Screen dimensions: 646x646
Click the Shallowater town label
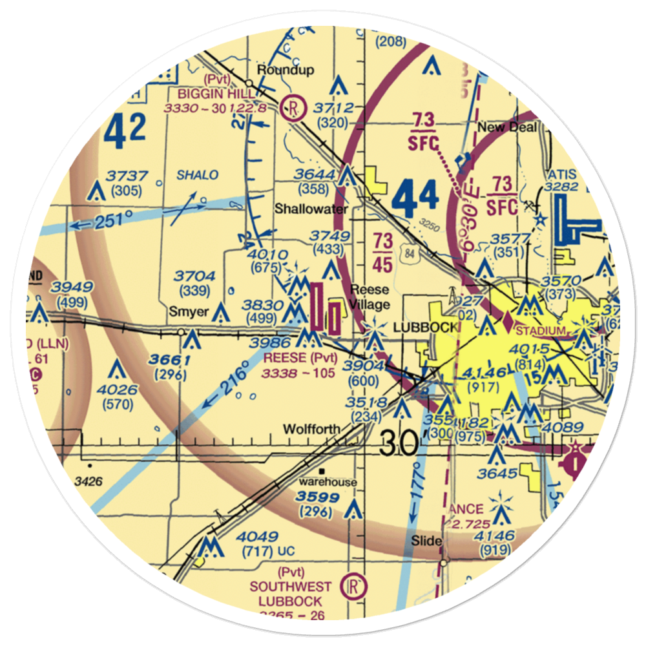point(311,209)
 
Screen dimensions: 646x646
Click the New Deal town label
point(507,127)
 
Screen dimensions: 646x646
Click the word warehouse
point(327,482)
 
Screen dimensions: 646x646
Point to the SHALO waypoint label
point(198,175)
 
